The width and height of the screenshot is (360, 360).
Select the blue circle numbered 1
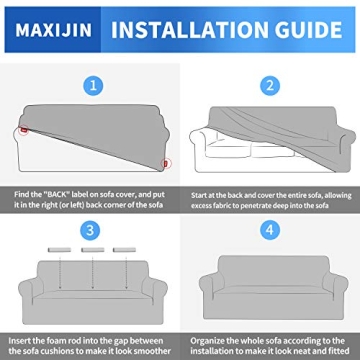(93, 88)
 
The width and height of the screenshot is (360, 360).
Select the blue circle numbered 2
(269, 88)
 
